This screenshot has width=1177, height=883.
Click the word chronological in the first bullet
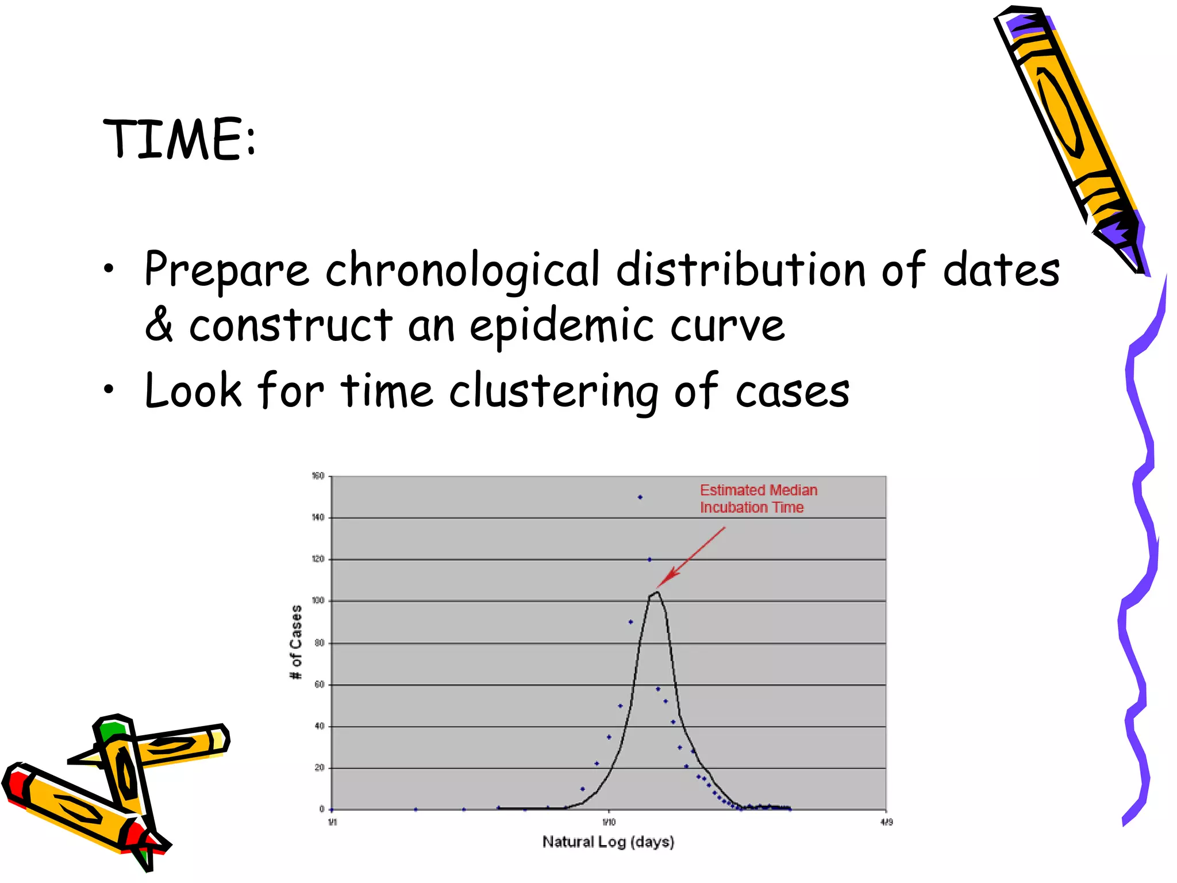(x=463, y=270)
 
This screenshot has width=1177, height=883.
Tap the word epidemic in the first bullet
(x=561, y=326)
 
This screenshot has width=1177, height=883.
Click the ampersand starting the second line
(x=159, y=325)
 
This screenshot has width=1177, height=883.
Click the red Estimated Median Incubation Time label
(x=757, y=498)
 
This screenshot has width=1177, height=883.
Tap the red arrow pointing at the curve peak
(x=691, y=556)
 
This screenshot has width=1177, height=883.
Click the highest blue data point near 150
(x=640, y=497)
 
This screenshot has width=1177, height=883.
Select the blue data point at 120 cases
(x=649, y=559)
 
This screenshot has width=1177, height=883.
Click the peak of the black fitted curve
(x=657, y=592)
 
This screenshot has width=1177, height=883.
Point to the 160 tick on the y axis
(x=318, y=476)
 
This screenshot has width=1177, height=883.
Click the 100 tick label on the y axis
(x=318, y=601)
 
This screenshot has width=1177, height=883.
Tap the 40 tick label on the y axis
(x=319, y=726)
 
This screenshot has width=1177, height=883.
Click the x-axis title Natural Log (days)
(x=608, y=842)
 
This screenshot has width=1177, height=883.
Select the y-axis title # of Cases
(x=296, y=642)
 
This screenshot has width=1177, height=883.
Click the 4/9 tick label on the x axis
(x=886, y=822)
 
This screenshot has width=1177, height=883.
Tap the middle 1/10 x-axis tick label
(x=609, y=822)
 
